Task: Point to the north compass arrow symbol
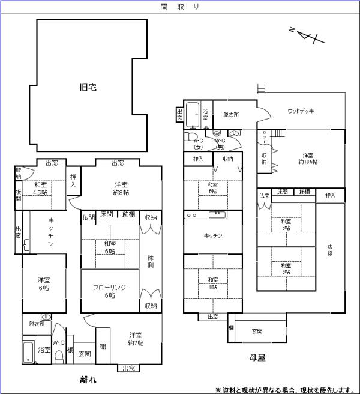click(306, 37)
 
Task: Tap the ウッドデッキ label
click(301, 111)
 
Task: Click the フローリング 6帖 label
click(110, 291)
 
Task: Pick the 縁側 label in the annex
click(151, 262)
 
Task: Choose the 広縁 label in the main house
click(330, 250)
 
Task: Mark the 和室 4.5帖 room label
click(41, 189)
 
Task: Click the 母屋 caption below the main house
click(257, 357)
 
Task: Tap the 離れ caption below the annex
click(88, 379)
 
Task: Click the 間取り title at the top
click(180, 7)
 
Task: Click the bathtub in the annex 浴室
click(28, 352)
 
